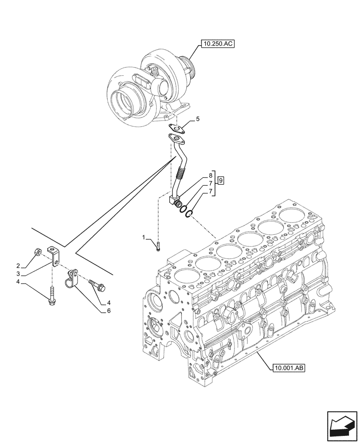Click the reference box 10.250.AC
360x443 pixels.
(x=217, y=43)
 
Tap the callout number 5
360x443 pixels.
(x=198, y=119)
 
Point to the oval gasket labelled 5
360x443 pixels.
(x=179, y=128)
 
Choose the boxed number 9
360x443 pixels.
(x=220, y=180)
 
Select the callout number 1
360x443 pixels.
(x=143, y=238)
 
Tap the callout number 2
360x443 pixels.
(x=18, y=266)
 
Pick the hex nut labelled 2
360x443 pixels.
(x=39, y=253)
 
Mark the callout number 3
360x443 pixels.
(x=18, y=274)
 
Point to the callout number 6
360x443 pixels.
(x=108, y=311)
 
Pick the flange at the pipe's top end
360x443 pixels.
(x=176, y=139)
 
